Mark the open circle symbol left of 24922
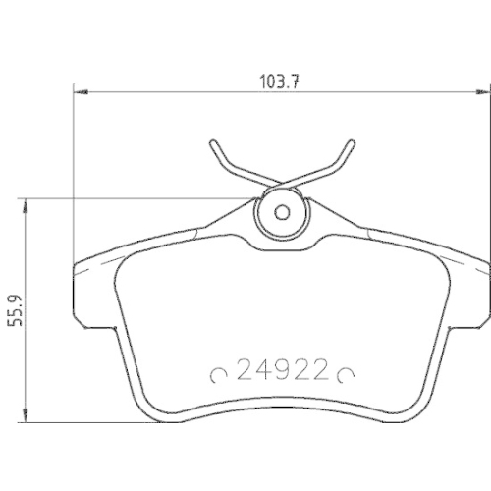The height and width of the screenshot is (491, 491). pyautogui.click(x=220, y=374)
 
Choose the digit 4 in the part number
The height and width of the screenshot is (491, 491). pyautogui.click(x=260, y=373)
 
